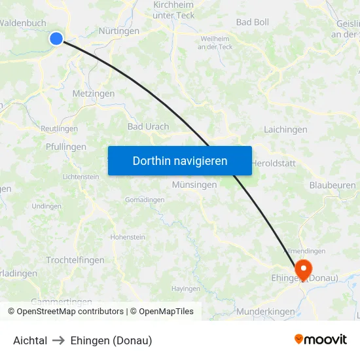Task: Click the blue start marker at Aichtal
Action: pyautogui.click(x=56, y=39)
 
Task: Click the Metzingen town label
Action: pyautogui.click(x=94, y=94)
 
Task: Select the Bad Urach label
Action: pyautogui.click(x=148, y=126)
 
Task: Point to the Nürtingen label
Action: pyautogui.click(x=118, y=31)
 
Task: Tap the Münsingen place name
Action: pyautogui.click(x=194, y=185)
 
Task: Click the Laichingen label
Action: pyautogui.click(x=285, y=130)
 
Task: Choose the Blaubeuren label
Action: pyautogui.click(x=332, y=185)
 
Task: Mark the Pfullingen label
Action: pyautogui.click(x=66, y=147)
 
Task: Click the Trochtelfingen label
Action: pyautogui.click(x=75, y=260)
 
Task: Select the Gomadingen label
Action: pyautogui.click(x=145, y=200)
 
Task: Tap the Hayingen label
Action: pyautogui.click(x=185, y=288)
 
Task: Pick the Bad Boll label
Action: pyautogui.click(x=253, y=22)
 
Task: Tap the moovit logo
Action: pyautogui.click(x=320, y=339)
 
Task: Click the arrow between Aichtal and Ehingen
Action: pyautogui.click(x=59, y=340)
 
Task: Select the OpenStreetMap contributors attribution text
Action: pyautogui.click(x=71, y=312)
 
